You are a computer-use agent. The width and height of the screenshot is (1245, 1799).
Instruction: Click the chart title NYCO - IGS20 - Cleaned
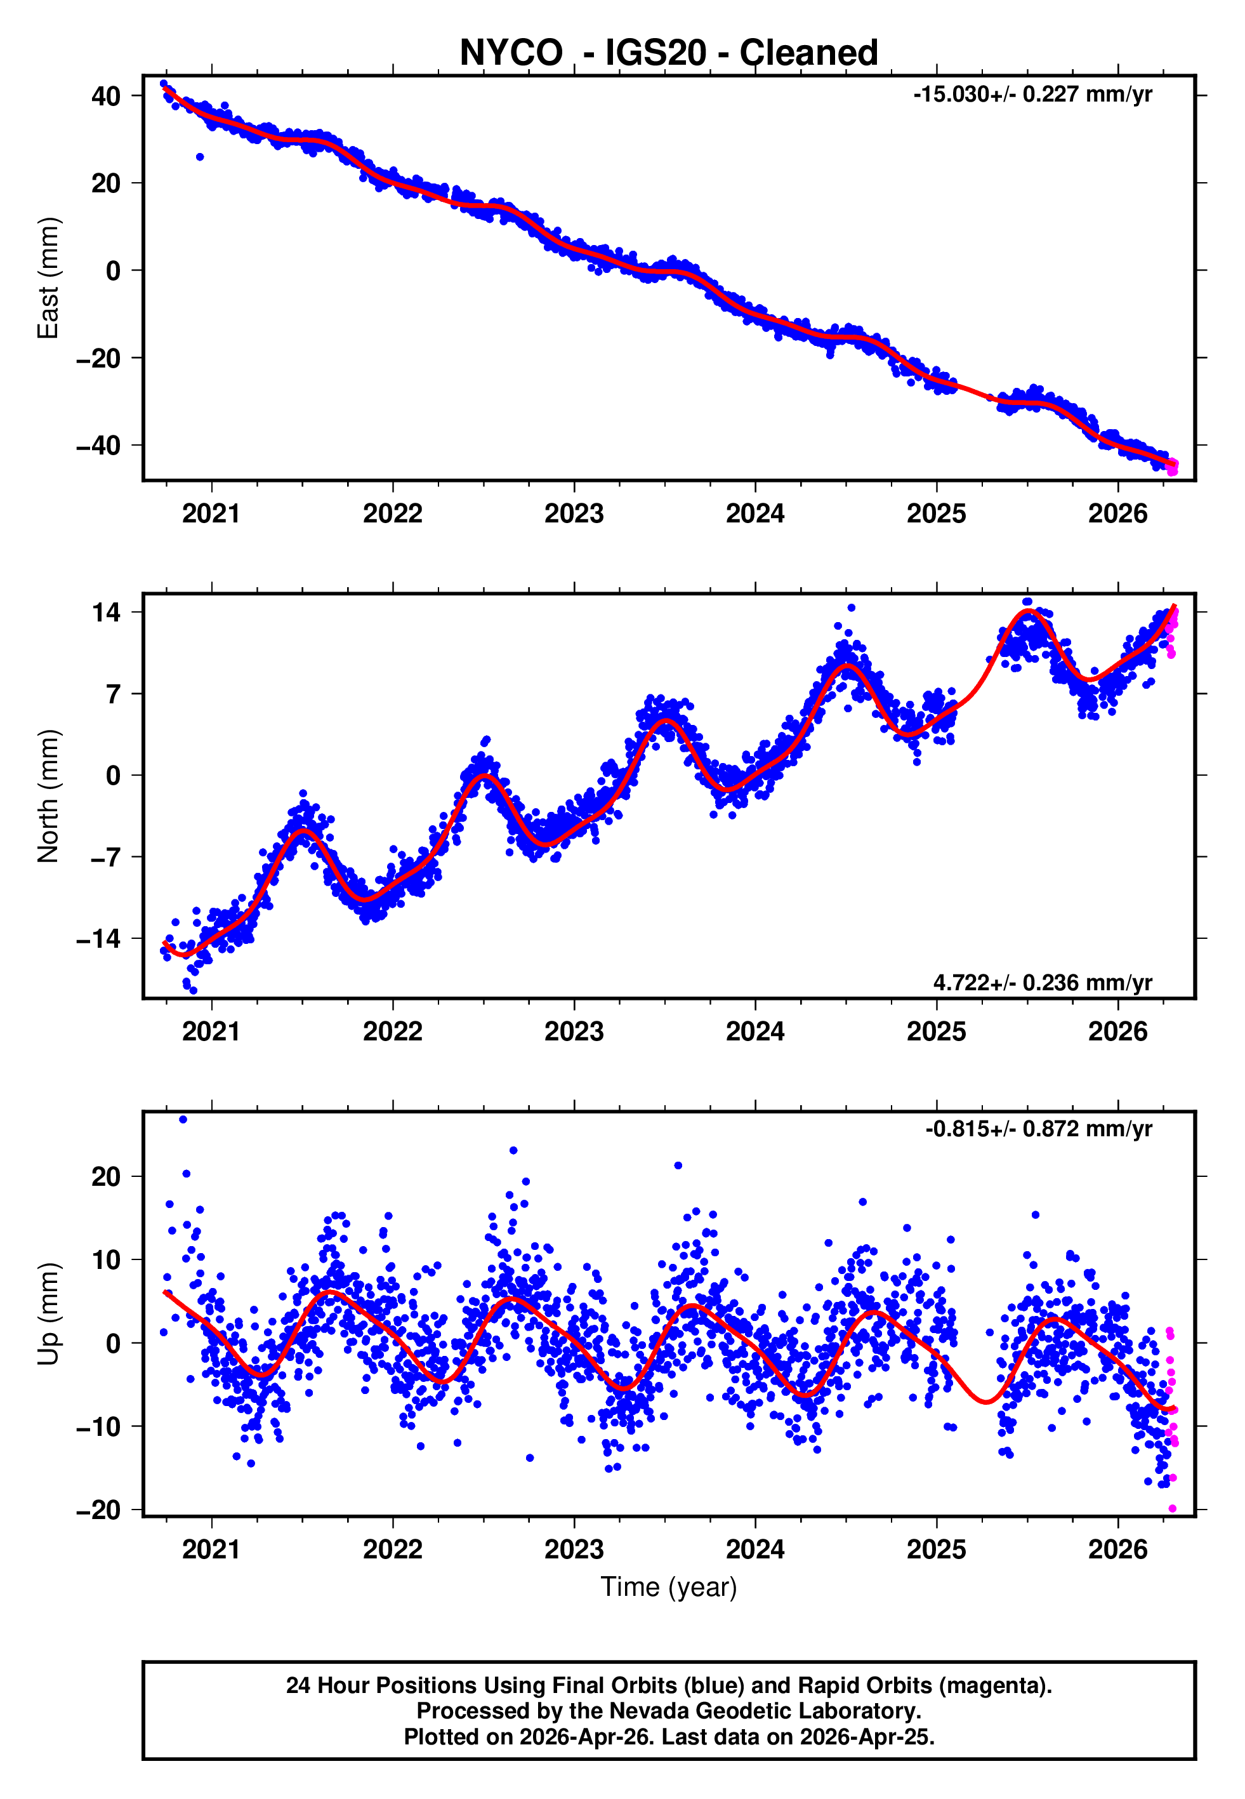(669, 53)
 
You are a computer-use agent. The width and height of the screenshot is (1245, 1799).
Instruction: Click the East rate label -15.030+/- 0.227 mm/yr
(1032, 95)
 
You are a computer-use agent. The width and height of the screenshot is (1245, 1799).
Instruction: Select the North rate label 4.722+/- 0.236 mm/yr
(1042, 982)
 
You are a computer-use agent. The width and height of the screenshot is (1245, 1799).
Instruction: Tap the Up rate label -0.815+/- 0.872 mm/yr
(1038, 1129)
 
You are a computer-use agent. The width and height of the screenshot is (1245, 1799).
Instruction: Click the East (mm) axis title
(48, 278)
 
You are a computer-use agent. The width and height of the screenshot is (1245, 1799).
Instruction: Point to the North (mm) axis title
(48, 796)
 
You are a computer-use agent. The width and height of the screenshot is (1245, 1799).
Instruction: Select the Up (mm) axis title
(48, 1314)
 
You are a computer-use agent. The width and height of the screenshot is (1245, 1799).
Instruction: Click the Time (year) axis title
(669, 1587)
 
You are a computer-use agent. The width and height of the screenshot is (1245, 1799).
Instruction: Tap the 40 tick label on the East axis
(106, 96)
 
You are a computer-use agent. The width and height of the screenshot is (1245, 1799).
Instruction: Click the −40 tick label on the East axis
(98, 446)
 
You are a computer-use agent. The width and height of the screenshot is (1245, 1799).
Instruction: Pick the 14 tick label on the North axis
(106, 613)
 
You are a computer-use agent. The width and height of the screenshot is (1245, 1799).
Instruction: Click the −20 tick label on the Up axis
(98, 1510)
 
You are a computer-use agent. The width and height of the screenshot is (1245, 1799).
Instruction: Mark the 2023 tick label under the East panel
(574, 514)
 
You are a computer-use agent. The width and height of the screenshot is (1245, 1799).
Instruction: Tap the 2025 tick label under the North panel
(936, 1032)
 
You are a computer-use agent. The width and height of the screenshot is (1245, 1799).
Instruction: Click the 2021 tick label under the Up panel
(211, 1549)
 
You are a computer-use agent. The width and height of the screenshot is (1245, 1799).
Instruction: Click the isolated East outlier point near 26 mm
(200, 157)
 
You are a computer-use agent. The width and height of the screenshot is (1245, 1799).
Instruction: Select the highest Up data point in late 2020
(183, 1120)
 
